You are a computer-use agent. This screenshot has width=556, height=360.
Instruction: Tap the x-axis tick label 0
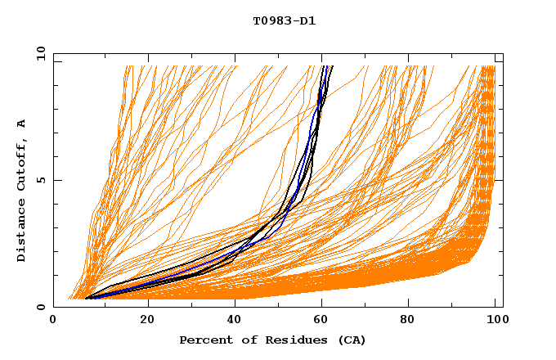tap(53, 321)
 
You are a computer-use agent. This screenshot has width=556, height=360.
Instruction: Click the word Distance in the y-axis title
tap(22, 231)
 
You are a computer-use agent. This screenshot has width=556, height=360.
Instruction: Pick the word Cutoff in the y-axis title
tap(22, 164)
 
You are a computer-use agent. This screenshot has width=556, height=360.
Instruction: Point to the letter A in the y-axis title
tap(22, 124)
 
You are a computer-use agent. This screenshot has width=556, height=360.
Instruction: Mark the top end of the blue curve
tap(325, 66)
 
